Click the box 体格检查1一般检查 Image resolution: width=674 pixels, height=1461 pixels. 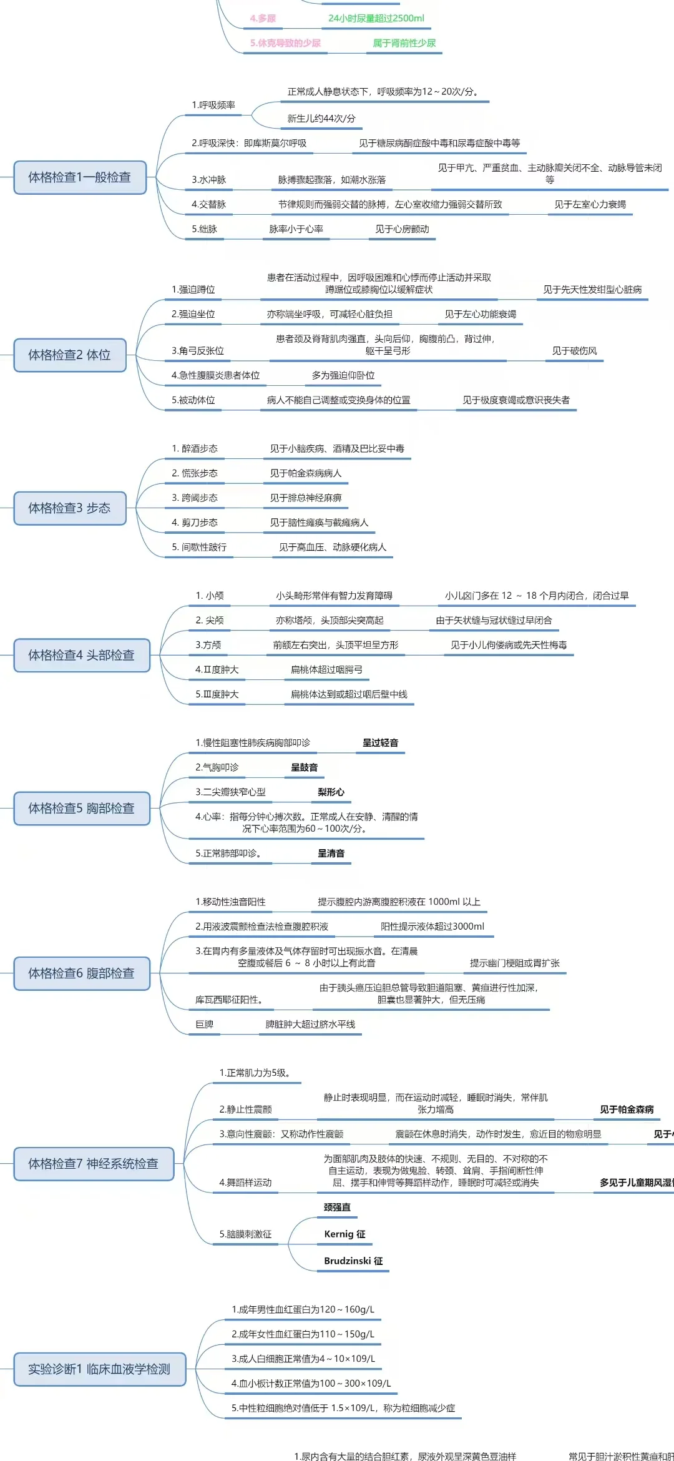80,177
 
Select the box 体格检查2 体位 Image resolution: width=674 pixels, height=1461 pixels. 70,355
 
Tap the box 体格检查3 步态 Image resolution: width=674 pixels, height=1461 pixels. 70,508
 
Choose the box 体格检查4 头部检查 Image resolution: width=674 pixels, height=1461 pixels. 82,655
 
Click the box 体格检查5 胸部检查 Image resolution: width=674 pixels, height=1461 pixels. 82,809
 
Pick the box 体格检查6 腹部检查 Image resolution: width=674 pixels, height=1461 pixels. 82,973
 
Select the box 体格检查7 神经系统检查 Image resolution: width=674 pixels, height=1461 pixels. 94,1164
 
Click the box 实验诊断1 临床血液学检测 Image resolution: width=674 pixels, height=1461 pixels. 100,1369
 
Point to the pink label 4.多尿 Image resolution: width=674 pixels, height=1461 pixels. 263,19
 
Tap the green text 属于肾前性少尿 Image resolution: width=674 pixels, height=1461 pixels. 404,43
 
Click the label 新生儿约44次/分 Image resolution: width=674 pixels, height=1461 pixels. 321,119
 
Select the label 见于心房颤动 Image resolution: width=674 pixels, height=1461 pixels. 402,229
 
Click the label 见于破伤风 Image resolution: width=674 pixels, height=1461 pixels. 574,351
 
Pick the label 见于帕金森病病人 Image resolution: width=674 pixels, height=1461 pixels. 306,473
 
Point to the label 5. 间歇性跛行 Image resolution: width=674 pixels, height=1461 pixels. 199,547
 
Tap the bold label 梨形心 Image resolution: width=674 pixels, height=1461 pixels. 331,792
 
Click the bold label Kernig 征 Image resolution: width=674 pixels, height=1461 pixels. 344,1234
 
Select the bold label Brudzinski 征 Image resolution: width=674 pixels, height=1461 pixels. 353,1261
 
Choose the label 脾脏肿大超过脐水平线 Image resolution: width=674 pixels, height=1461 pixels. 310,1024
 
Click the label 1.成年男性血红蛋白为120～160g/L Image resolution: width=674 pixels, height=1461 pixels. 303,1309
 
